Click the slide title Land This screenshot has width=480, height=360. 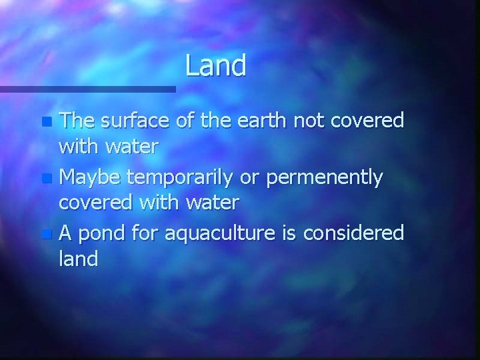tap(216, 65)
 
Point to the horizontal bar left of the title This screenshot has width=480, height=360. tap(87, 89)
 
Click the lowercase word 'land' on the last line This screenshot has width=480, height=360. tap(78, 259)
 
